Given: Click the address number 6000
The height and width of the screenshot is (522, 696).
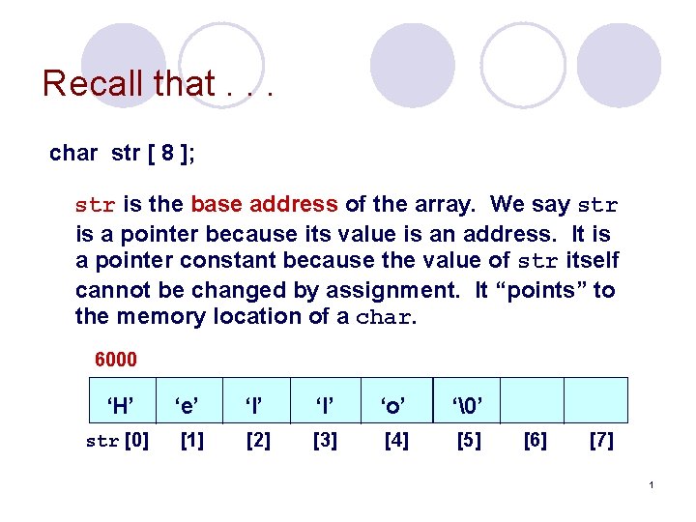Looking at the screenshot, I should tap(116, 360).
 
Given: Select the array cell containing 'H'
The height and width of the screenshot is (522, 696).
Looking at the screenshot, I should tap(120, 405).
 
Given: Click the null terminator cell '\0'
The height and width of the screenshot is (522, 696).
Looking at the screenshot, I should tap(468, 405).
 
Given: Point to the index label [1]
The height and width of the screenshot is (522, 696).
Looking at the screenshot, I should tap(192, 441).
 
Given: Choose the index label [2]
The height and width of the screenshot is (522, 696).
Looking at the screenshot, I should tap(258, 441).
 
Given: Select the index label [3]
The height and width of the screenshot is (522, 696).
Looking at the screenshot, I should tap(326, 441).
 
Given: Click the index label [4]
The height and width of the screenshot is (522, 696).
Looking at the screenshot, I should tap(396, 441).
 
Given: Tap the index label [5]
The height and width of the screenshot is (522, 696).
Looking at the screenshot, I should tap(469, 441).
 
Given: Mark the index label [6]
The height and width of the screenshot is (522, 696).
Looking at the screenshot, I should tap(535, 441).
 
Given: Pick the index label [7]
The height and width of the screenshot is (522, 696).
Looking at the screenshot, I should tap(600, 441).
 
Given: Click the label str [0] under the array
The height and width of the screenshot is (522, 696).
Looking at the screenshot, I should tap(117, 441).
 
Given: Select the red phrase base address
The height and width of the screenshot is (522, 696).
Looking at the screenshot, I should tap(264, 205).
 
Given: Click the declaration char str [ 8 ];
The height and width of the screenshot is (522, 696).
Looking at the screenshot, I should tap(122, 153).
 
